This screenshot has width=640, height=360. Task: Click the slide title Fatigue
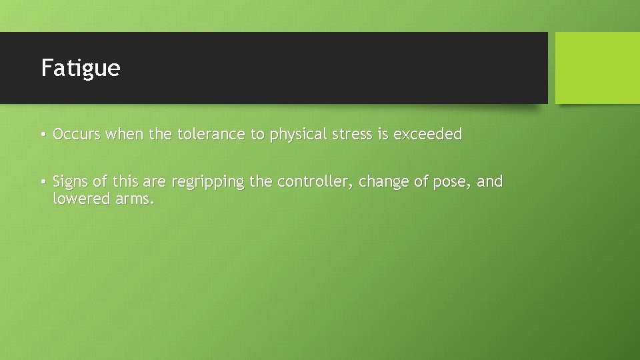pyautogui.click(x=81, y=68)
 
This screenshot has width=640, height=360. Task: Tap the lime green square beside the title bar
pyautogui.click(x=597, y=68)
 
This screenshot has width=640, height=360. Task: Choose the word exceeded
pyautogui.click(x=427, y=135)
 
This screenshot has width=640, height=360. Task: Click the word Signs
pyautogui.click(x=71, y=182)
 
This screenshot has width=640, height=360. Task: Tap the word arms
pyautogui.click(x=135, y=198)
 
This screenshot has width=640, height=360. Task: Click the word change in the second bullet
pyautogui.click(x=385, y=182)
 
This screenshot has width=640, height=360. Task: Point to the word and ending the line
pyautogui.click(x=490, y=181)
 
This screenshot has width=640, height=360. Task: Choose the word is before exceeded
pyautogui.click(x=383, y=135)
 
